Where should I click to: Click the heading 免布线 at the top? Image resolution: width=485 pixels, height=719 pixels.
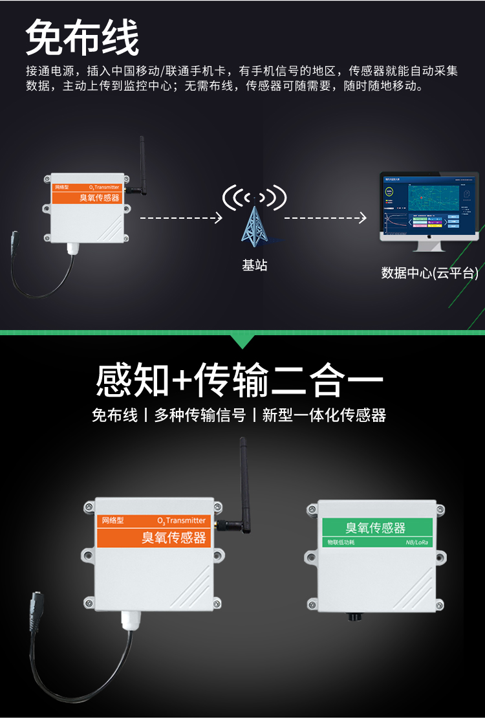[82, 38]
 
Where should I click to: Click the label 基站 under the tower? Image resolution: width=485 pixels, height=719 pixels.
[254, 265]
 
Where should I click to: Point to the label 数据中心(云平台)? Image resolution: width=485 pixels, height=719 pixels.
[429, 273]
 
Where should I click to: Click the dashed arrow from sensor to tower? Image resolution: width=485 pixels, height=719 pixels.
[180, 218]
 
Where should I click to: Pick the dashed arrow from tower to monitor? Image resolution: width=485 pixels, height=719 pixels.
[325, 218]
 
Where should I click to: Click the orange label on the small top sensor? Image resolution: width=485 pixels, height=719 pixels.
[86, 193]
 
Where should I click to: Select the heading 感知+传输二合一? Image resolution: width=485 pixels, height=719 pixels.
[239, 380]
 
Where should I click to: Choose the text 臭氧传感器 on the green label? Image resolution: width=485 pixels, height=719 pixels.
[376, 527]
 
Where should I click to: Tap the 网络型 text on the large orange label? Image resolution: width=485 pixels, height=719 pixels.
[113, 520]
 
